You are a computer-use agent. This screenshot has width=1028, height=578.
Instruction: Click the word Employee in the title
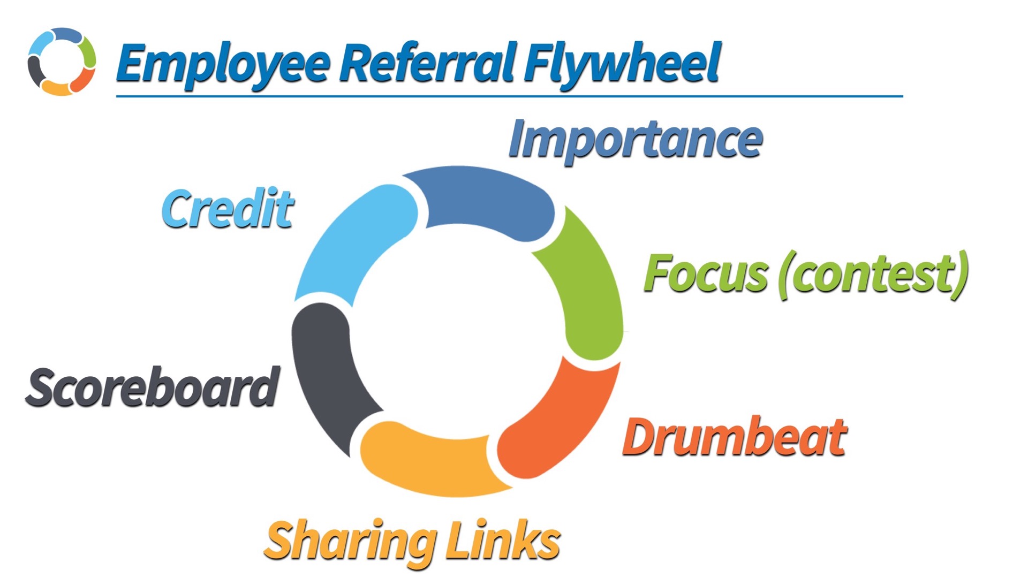(222, 64)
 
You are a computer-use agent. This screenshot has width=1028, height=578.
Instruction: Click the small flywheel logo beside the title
(62, 62)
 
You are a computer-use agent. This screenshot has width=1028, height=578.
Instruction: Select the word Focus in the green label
(706, 274)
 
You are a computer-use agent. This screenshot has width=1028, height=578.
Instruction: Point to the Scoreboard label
(153, 387)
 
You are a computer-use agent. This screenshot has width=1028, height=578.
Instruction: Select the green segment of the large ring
(586, 289)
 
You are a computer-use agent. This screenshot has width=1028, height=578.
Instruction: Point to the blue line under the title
(509, 96)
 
